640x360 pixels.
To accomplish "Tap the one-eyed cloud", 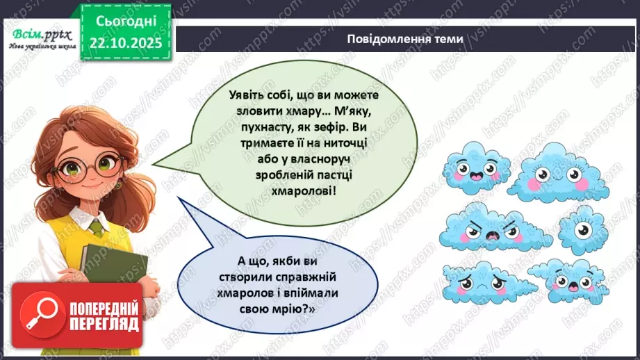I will point(582,229).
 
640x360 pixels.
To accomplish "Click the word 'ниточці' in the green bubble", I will point(334,143).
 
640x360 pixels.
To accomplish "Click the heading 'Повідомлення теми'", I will point(405,38).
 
